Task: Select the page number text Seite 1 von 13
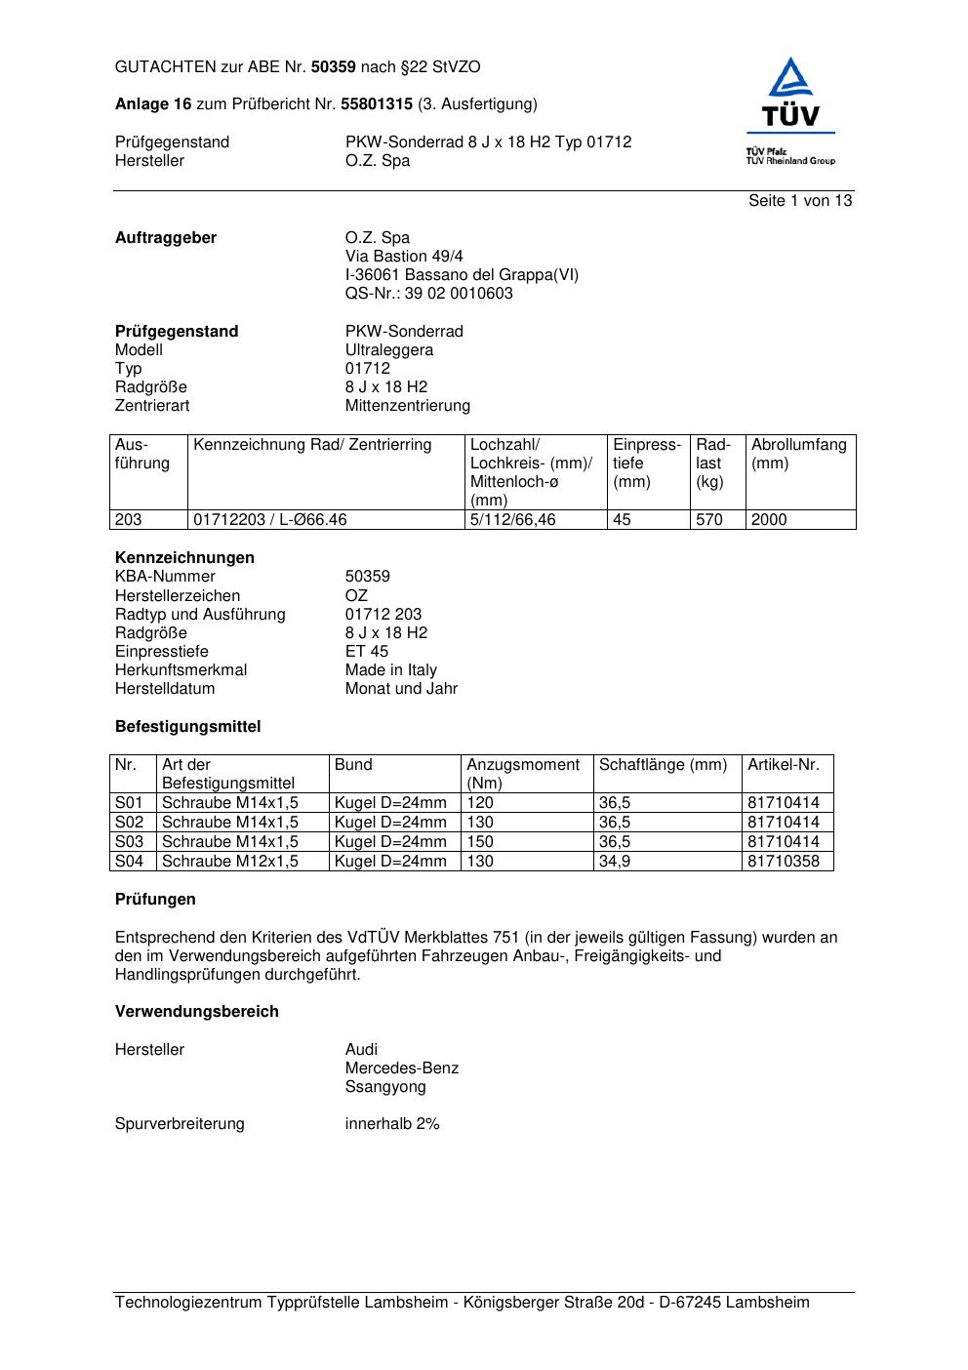pos(800,201)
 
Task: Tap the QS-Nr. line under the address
pos(428,294)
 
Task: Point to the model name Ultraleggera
pos(389,350)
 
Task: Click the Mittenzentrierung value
pos(407,406)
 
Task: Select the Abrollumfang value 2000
pos(769,520)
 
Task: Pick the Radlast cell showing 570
pos(709,520)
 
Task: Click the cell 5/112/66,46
pos(513,520)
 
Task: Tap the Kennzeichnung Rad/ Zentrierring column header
pos(312,445)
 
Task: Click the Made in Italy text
pos(390,670)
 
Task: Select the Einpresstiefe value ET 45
pos(366,652)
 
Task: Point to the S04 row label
pos(129,862)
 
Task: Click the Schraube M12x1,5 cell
pos(230,862)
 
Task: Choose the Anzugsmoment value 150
pos(481,842)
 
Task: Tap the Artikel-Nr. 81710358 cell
pos(784,862)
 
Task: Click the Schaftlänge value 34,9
pos(615,862)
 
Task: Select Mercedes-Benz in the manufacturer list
pos(401,1068)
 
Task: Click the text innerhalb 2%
pos(392,1124)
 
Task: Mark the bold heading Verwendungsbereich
pos(197,1012)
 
